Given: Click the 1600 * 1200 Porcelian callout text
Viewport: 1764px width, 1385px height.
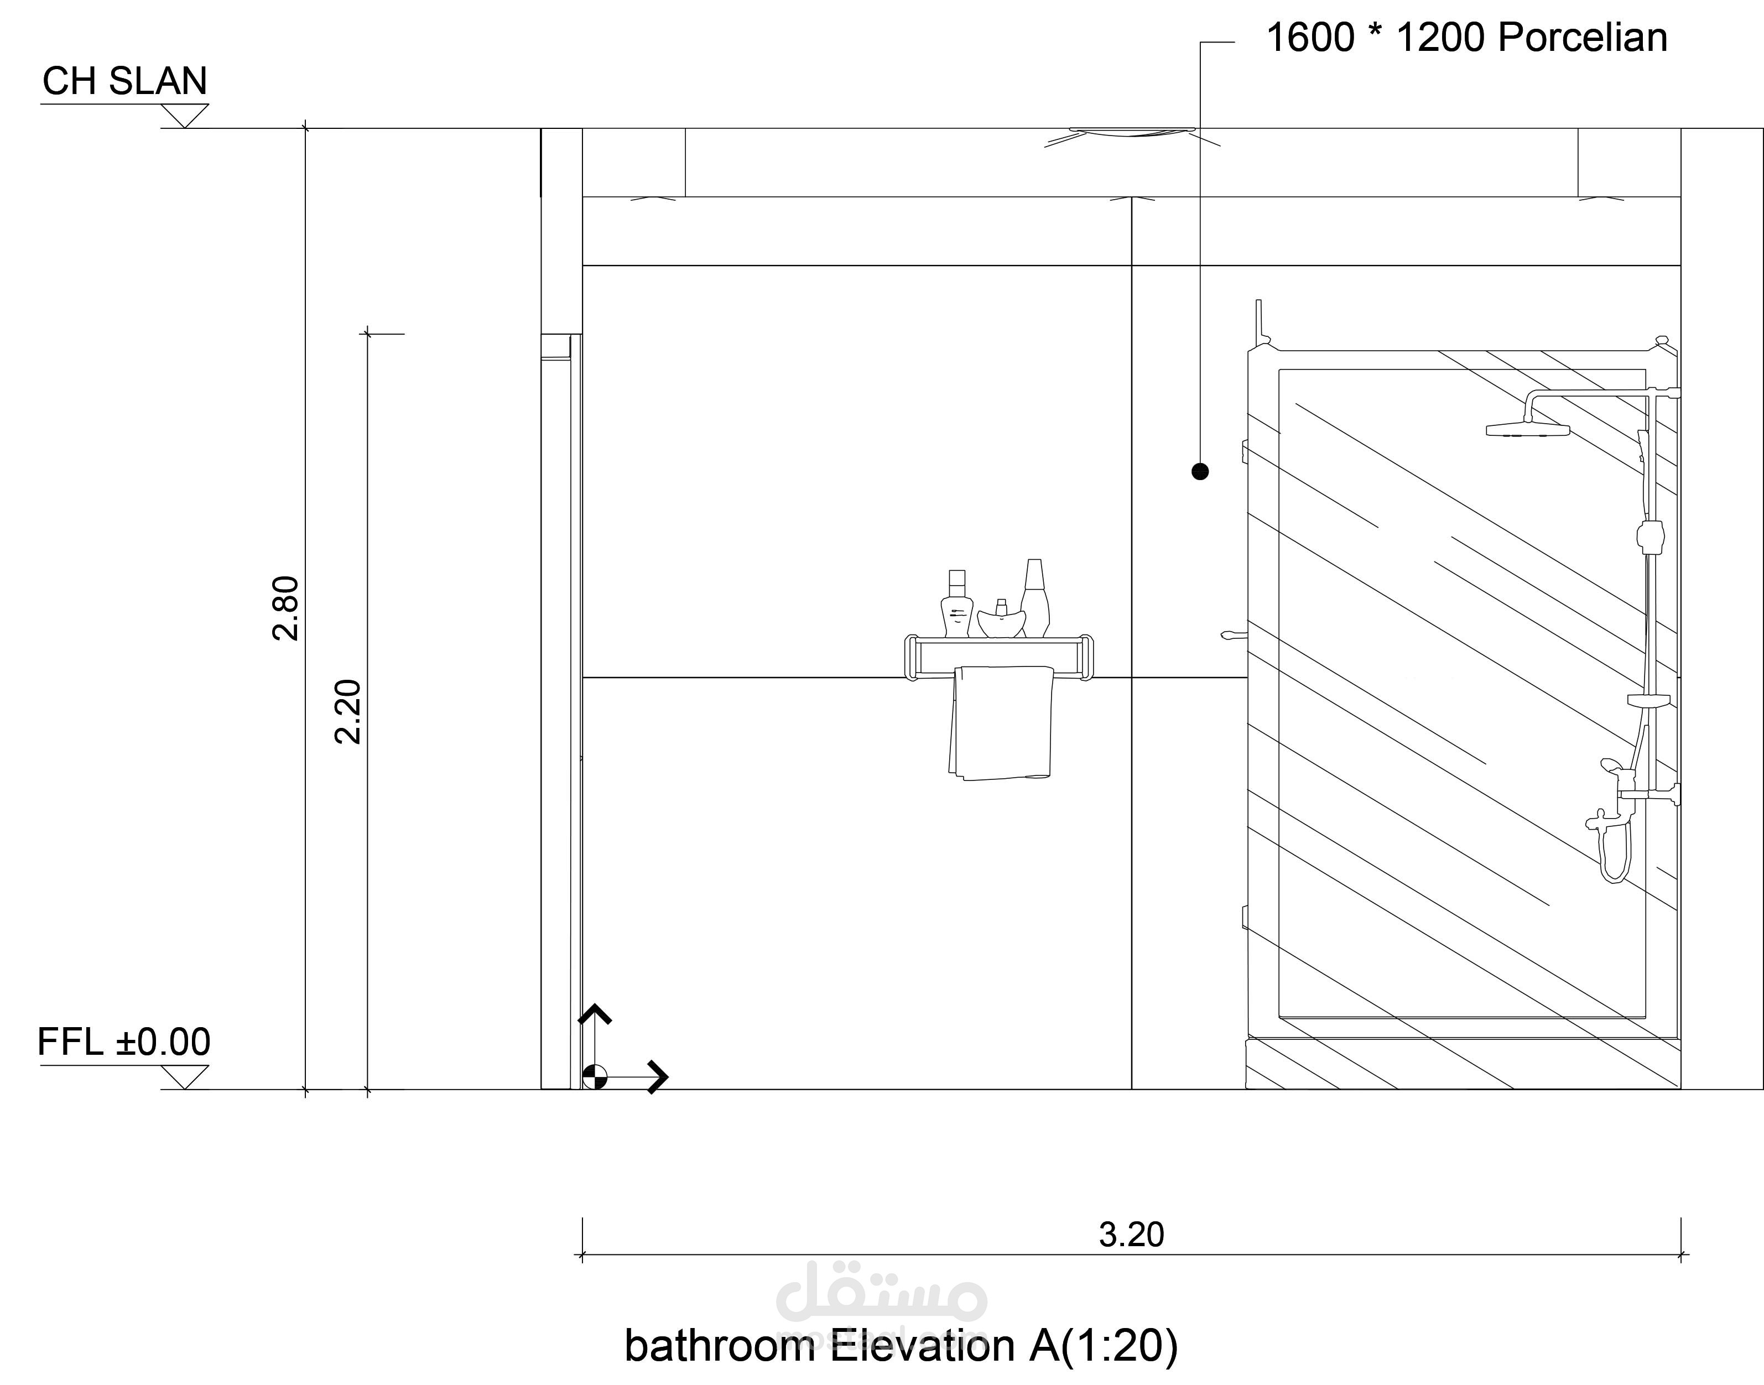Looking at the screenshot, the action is click(1466, 38).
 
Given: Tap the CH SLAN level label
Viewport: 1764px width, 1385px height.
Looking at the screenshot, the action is click(125, 81).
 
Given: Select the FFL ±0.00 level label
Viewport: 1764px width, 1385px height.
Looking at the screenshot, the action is click(124, 1042).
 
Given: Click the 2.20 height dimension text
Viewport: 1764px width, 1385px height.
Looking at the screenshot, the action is click(348, 711).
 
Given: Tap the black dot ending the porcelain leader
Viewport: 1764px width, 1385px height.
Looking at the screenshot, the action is click(1200, 471).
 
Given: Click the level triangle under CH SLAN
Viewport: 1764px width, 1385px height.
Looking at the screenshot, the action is click(185, 116).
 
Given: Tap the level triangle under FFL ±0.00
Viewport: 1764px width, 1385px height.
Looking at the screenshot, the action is click(185, 1077).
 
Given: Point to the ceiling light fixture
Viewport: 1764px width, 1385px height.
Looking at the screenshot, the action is click(1132, 133).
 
